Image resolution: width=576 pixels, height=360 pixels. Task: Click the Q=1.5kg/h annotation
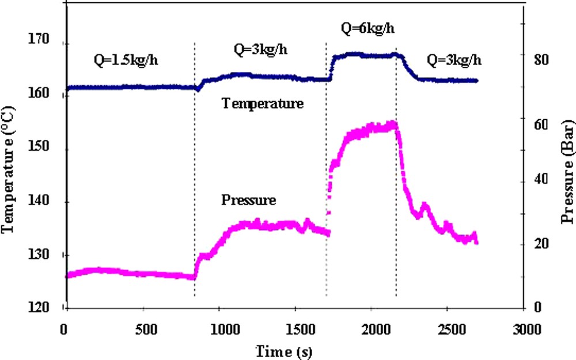pyautogui.click(x=125, y=60)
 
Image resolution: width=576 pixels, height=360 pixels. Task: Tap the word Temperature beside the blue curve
pyautogui.click(x=263, y=104)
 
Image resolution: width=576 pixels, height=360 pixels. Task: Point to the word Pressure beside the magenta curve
pyautogui.click(x=249, y=200)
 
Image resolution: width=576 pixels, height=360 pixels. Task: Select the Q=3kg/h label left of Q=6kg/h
pyautogui.click(x=260, y=50)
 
